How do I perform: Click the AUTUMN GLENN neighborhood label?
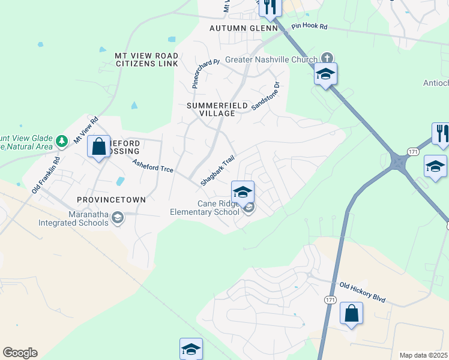243,28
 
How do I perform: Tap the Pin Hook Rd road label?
309,27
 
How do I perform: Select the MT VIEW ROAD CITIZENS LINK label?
146,59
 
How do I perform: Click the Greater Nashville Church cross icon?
327,58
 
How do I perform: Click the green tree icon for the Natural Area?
61,141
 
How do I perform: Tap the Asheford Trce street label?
152,166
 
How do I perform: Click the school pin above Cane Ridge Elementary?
242,191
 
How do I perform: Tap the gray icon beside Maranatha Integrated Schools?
118,218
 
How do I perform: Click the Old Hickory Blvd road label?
362,292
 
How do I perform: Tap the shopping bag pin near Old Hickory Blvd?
351,313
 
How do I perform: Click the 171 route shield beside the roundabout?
413,151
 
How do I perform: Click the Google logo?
20,353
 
